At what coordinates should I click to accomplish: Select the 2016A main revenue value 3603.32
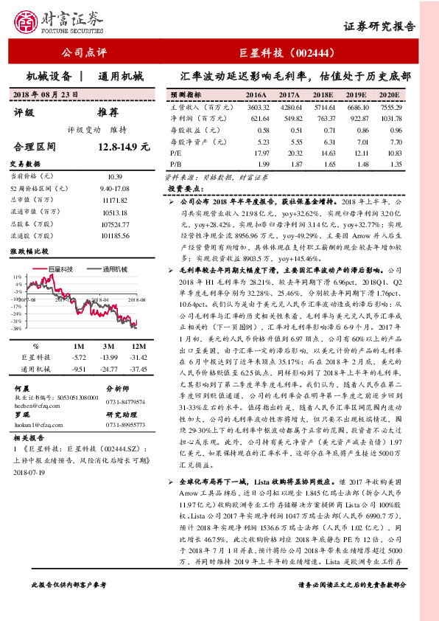coord(256,107)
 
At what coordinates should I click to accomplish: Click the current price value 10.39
coord(114,176)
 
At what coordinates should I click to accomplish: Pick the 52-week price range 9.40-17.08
coord(114,188)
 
